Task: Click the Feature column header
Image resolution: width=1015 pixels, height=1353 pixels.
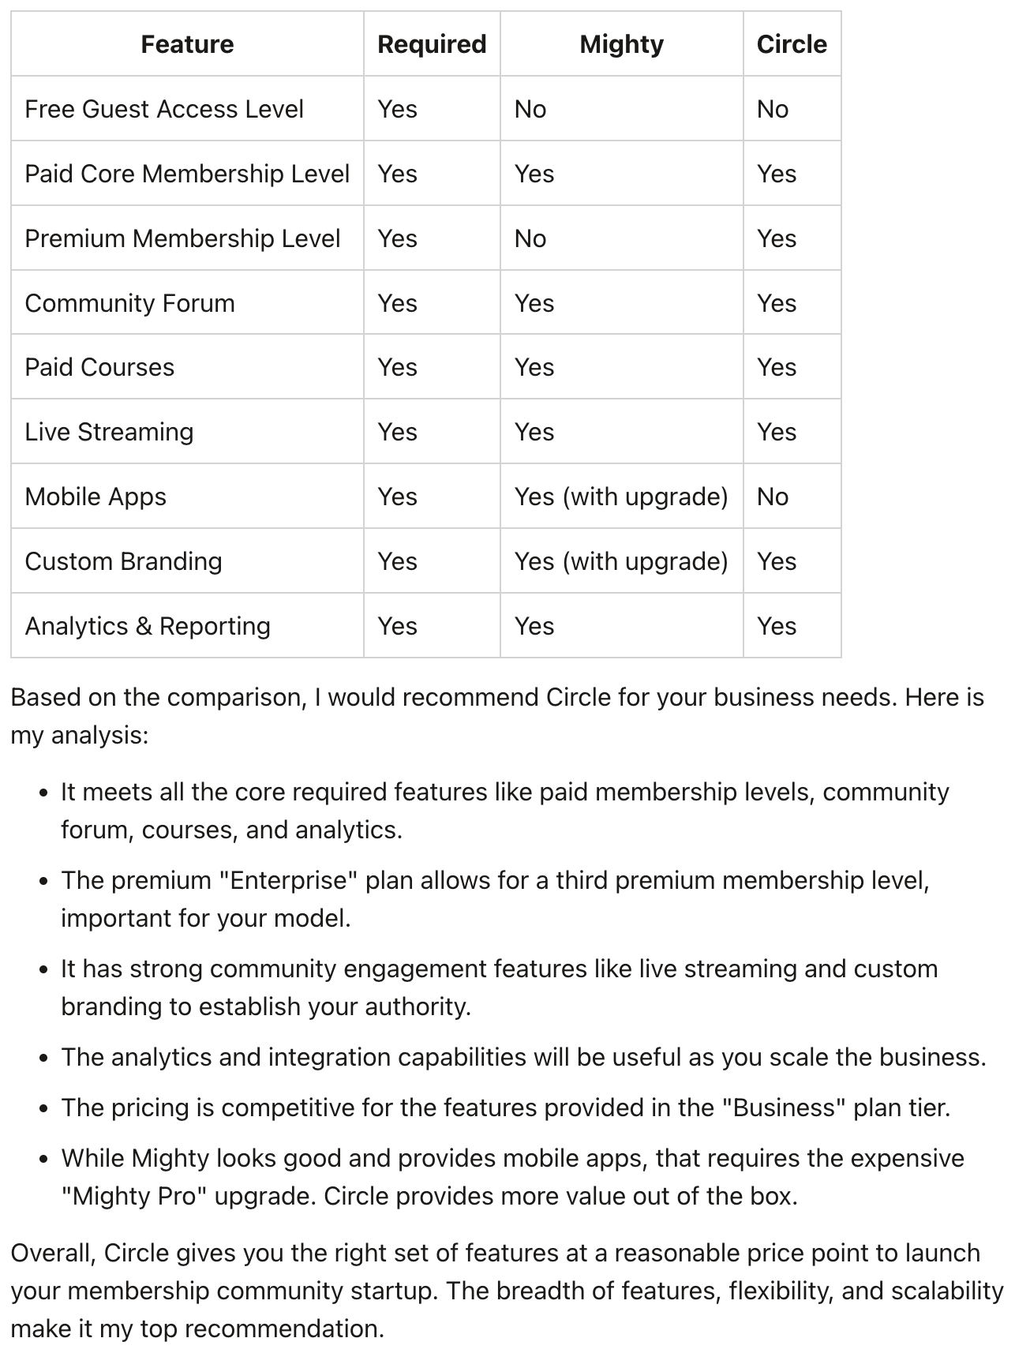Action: click(187, 44)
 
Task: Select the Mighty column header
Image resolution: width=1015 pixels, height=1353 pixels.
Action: click(621, 44)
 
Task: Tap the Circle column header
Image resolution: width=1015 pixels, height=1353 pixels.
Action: click(792, 44)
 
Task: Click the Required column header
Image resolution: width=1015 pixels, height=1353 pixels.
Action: click(432, 44)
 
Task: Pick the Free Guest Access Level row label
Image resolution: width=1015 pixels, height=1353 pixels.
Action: click(164, 109)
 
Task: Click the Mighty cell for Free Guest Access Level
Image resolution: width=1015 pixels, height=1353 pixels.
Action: click(530, 109)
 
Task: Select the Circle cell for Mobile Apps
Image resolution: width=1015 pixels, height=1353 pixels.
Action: click(773, 497)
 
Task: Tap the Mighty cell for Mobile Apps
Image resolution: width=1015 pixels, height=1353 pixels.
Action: click(621, 497)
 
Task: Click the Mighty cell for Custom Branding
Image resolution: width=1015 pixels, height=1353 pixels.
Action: click(621, 561)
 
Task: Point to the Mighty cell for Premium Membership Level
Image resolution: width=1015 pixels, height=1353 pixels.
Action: click(530, 238)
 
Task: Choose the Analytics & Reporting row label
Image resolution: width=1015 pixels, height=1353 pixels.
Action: click(148, 626)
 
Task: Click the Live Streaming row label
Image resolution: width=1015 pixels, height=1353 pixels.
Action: click(109, 432)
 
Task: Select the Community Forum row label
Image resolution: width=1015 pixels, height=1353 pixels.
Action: click(130, 303)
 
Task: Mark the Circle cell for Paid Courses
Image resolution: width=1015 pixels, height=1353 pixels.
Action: click(777, 367)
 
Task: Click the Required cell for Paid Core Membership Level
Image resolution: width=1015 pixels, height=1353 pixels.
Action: click(397, 174)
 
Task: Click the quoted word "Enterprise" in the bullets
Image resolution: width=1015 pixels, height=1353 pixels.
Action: click(288, 880)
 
